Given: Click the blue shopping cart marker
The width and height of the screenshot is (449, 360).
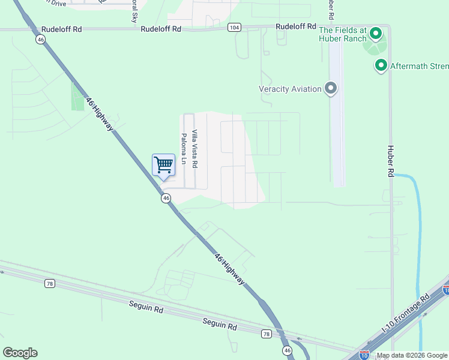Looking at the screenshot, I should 163,165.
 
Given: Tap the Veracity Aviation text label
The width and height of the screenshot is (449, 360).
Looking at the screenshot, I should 290,89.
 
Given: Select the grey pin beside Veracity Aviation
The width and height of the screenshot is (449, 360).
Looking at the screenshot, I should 331,89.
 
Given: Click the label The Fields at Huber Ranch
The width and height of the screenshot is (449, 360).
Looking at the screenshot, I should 344,35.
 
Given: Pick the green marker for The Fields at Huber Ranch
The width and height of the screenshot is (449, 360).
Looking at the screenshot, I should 376,34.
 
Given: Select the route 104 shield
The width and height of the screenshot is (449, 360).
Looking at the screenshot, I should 235,28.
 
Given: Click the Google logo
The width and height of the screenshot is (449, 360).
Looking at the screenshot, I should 20,353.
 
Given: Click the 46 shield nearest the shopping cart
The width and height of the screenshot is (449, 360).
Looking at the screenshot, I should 165,199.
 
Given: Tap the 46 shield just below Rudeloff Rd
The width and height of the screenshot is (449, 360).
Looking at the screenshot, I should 40,39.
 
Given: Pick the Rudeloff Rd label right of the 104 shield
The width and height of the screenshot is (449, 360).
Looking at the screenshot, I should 295,26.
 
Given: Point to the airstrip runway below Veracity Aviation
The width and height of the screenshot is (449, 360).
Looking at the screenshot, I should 337,138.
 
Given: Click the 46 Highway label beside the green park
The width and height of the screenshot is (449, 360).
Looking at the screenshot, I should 100,114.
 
